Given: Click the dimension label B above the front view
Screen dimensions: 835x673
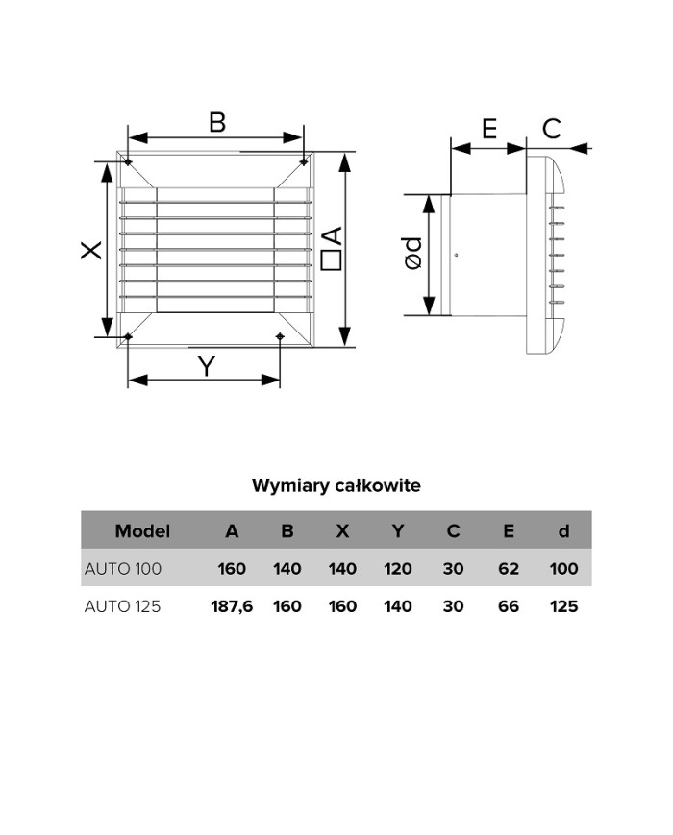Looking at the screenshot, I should (217, 122).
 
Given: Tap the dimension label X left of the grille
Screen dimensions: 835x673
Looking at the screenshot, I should (90, 250).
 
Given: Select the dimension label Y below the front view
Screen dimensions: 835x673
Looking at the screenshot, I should (206, 365).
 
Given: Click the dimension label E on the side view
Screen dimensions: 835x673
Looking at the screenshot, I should (489, 128).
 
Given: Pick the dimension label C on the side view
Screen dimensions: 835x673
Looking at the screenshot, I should (552, 128).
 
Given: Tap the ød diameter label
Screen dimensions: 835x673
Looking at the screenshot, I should (412, 254).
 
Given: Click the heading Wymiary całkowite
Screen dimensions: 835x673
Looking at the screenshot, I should (336, 485).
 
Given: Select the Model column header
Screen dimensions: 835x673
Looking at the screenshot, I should (142, 530).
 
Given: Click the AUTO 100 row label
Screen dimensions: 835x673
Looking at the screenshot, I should (123, 568).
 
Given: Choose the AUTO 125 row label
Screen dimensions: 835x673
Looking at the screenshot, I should (123, 606).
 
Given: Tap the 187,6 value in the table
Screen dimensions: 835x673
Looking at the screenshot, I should (232, 606).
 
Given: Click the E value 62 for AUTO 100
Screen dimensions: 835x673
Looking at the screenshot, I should (509, 568).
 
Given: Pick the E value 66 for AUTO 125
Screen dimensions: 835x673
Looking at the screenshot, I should (509, 606).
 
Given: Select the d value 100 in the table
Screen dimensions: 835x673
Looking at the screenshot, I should (563, 568).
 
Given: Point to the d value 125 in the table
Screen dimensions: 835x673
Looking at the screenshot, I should (563, 606).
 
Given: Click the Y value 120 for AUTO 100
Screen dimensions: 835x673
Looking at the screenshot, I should (398, 568).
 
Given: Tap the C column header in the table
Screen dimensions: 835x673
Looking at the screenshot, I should (453, 530).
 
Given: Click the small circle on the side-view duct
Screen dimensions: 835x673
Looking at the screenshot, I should (456, 255).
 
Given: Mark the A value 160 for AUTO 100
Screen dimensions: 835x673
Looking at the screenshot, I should (232, 568).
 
